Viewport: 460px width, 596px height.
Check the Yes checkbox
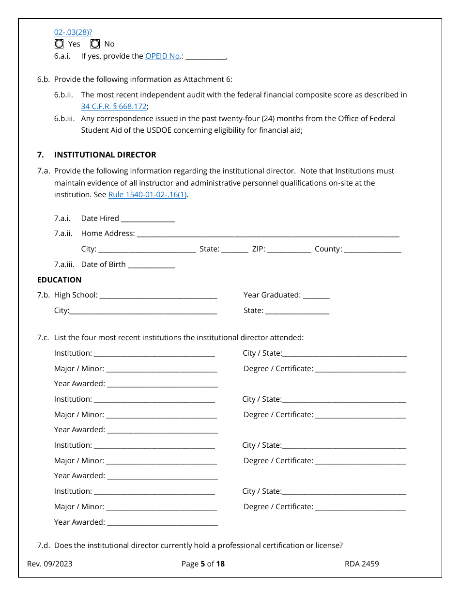click(59, 44)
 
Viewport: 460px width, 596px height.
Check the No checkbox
click(95, 44)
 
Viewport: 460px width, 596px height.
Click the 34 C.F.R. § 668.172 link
click(114, 107)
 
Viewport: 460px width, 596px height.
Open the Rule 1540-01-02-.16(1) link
click(148, 195)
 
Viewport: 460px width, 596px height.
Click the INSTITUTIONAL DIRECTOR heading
click(105, 155)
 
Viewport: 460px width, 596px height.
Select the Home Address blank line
click(268, 235)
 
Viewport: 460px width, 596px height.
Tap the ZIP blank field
click(289, 250)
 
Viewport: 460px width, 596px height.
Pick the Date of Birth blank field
click(151, 266)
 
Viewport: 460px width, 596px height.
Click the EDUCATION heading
click(59, 280)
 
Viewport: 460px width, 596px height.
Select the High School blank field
click(158, 296)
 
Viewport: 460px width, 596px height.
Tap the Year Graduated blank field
click(316, 296)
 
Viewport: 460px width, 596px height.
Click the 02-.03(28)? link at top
click(73, 32)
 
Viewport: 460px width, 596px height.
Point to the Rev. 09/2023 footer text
click(50, 564)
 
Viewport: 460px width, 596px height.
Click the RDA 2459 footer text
click(362, 564)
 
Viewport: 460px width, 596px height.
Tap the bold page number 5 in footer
click(203, 564)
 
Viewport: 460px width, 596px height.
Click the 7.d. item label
click(43, 545)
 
